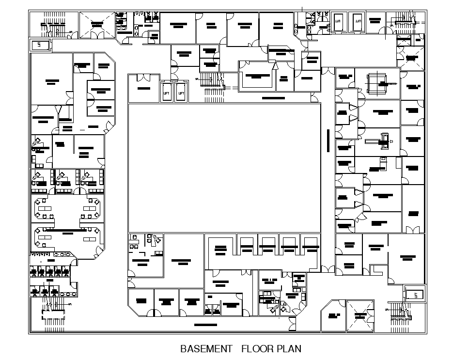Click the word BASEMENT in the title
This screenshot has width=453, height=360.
click(206, 349)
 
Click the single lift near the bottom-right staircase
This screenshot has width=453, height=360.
click(414, 294)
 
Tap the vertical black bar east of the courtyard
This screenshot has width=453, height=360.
click(328, 141)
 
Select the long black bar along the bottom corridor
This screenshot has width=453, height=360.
click(205, 324)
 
